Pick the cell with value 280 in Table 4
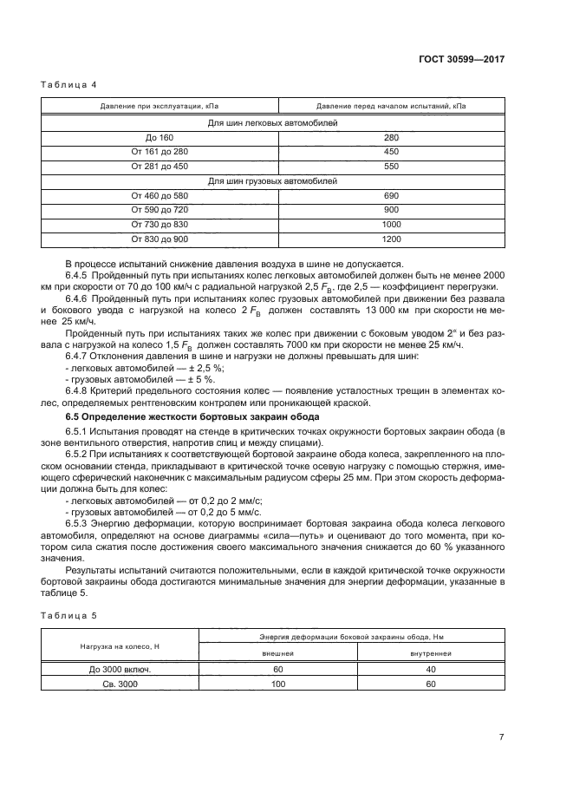point(391,137)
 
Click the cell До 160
point(160,137)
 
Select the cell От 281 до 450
point(160,166)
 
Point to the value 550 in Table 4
point(391,166)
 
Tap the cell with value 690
point(391,195)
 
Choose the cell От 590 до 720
point(160,209)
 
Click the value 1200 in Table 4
point(391,238)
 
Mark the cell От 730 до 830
point(160,224)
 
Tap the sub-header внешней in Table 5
point(277,652)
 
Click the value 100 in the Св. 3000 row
point(277,684)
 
